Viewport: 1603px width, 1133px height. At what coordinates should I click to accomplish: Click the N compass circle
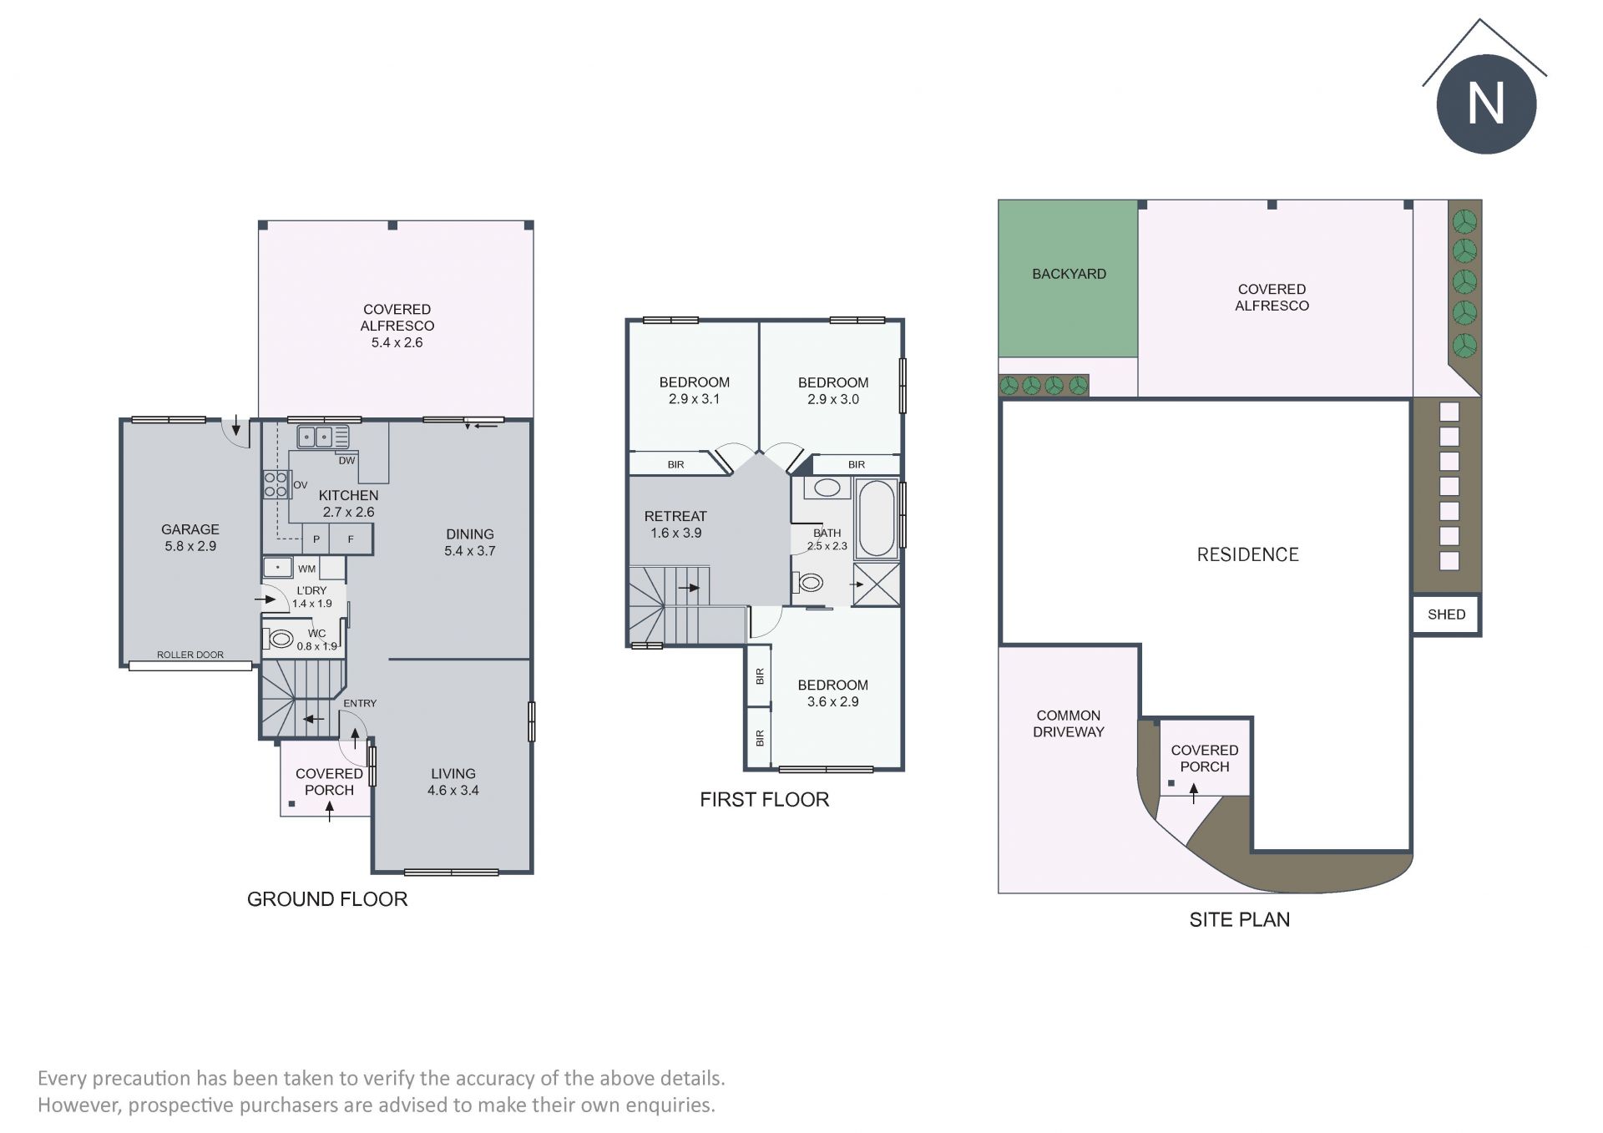point(1486,104)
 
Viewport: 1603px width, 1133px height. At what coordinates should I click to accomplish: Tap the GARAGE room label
point(190,529)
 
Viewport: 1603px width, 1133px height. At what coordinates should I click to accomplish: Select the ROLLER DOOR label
point(190,655)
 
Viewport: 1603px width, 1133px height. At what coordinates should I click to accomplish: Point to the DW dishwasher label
point(347,460)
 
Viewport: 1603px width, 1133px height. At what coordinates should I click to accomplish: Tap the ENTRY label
point(360,703)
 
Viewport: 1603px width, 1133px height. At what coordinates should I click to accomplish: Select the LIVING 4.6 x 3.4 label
point(453,781)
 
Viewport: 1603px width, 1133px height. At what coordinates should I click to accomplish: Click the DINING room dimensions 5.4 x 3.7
point(470,551)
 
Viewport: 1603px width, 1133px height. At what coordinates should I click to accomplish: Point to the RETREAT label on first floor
point(675,516)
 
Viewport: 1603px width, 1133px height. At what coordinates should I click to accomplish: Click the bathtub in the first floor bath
point(877,518)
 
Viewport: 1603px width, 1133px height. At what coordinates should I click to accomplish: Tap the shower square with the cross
point(877,584)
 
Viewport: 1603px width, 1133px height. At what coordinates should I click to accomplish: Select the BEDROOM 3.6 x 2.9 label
point(832,693)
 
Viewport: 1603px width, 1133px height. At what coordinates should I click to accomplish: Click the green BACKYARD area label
point(1069,274)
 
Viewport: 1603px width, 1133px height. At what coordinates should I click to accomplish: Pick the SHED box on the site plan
point(1447,615)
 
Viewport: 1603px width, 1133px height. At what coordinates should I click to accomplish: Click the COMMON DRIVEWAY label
point(1069,724)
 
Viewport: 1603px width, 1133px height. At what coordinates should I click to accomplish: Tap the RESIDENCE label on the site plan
point(1248,554)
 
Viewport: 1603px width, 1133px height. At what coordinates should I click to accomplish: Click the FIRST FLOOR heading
point(765,800)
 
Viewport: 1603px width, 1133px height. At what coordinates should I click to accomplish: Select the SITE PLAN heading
point(1240,919)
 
